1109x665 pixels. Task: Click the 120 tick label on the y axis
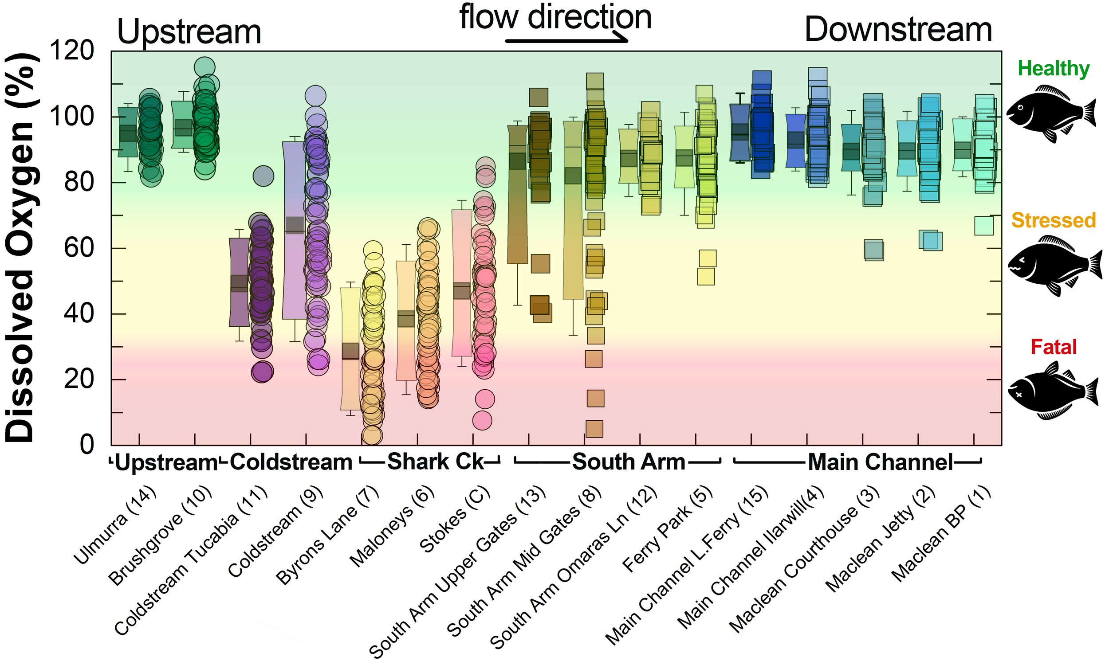pos(72,51)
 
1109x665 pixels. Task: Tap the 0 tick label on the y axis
pos(87,445)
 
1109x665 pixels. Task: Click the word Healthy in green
pos(1054,68)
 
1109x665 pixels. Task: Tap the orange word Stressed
pos(1054,220)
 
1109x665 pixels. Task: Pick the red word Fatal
pos(1054,347)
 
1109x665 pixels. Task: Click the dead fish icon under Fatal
pos(1053,391)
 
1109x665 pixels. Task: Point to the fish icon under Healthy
pos(1052,113)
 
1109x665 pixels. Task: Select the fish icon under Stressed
pos(1055,266)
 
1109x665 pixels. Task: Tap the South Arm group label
pos(629,462)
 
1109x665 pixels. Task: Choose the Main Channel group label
pos(881,462)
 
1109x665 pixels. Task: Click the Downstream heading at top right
pos(898,31)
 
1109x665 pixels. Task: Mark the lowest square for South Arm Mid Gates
pos(594,429)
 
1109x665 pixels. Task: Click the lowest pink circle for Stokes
pos(482,420)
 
